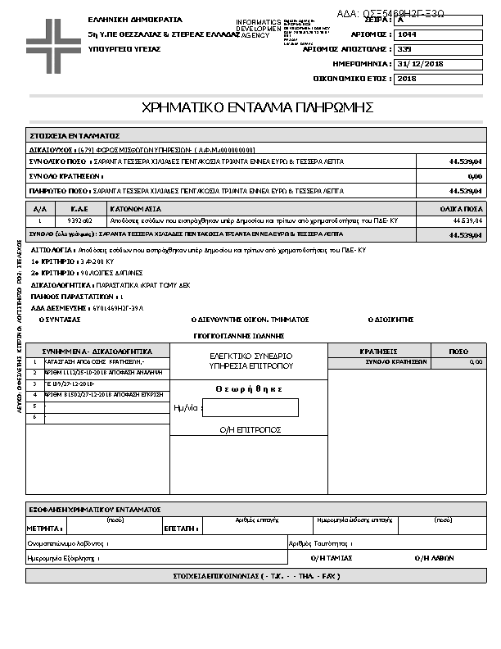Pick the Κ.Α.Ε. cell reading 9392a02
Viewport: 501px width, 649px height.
point(79,221)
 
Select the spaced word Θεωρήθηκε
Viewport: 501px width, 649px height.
point(249,389)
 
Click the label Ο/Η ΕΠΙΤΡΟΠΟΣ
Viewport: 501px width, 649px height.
point(250,429)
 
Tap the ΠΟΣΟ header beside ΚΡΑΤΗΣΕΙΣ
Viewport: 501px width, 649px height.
point(458,351)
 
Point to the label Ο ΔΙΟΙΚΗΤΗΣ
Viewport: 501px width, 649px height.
point(394,320)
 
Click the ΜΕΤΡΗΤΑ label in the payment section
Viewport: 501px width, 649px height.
point(43,529)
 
